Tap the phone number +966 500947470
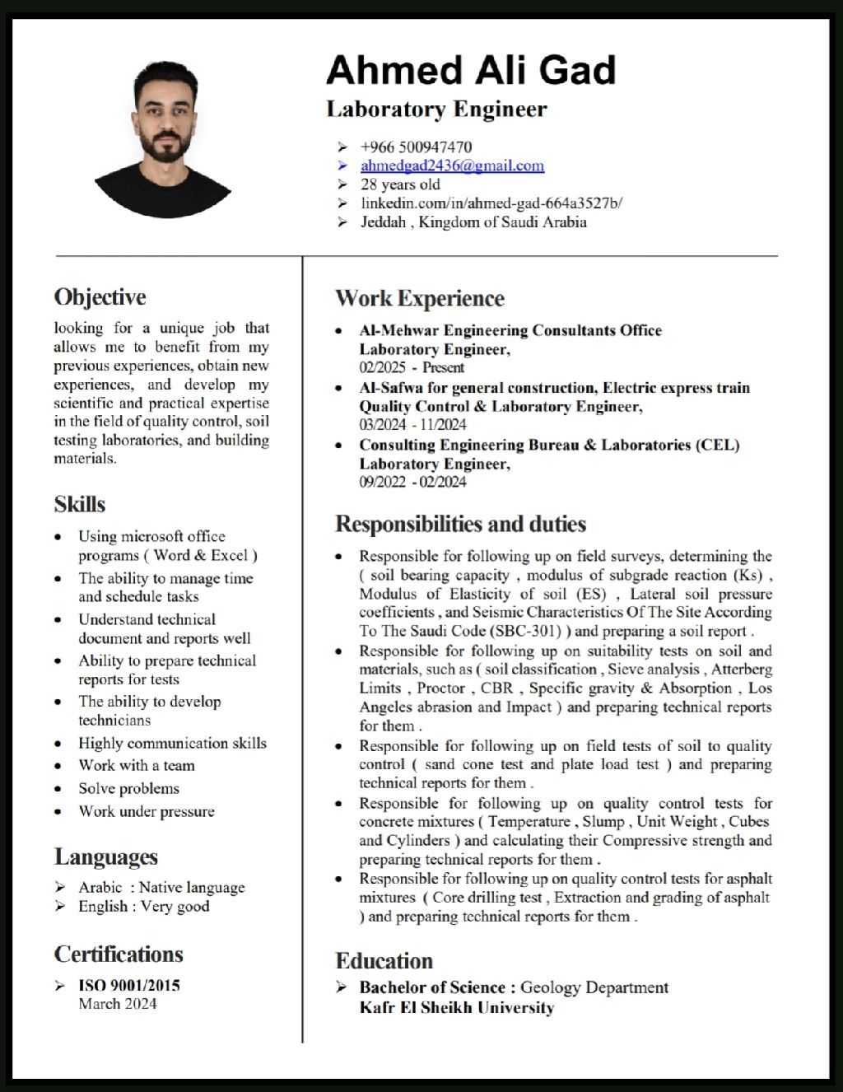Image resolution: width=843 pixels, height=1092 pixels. pos(416,147)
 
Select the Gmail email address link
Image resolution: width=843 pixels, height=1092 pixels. pos(452,166)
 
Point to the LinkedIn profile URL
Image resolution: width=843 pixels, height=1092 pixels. pos(491,203)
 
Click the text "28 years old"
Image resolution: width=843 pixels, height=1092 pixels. pos(400,184)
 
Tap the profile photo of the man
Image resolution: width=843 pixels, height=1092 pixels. pos(164,141)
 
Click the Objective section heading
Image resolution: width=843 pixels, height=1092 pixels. pos(100,296)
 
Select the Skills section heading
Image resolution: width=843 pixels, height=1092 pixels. pos(80,504)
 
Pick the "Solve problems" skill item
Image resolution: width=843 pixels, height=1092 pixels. pos(128,789)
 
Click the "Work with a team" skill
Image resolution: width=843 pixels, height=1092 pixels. pos(137,766)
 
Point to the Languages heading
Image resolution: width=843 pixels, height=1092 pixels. pos(106,857)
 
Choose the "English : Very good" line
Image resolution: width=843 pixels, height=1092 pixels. pos(144,907)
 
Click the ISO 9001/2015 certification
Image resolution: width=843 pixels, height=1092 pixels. pos(129,985)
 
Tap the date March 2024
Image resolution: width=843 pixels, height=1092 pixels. pos(118,1004)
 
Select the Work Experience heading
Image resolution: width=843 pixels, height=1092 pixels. pos(419,298)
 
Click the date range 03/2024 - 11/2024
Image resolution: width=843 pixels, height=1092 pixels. pos(412,425)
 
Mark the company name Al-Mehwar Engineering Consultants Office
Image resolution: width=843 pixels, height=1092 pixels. pos(510,330)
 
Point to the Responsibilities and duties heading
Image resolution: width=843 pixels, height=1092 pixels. pos(460,525)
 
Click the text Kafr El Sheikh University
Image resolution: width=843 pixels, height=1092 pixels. pos(457,1008)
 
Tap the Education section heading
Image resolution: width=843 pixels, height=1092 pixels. pos(384,961)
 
